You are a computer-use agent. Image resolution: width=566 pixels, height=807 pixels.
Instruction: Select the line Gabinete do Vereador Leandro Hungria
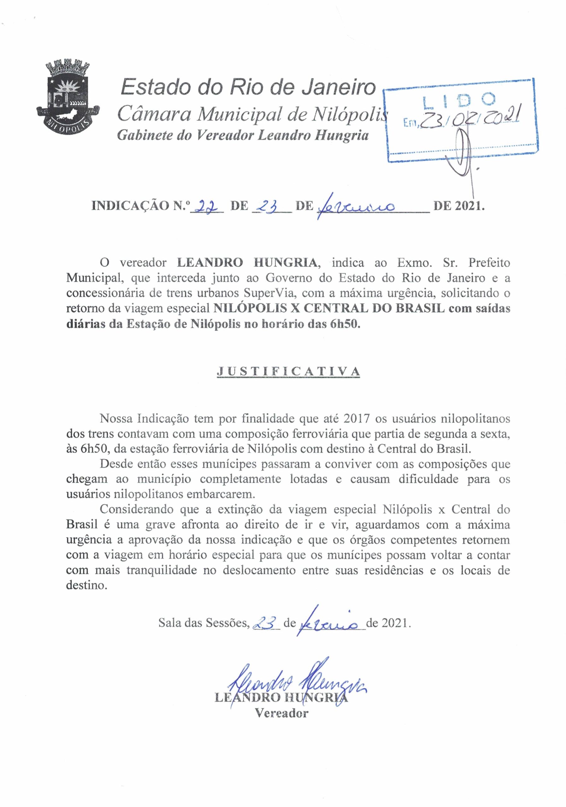tap(243, 135)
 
